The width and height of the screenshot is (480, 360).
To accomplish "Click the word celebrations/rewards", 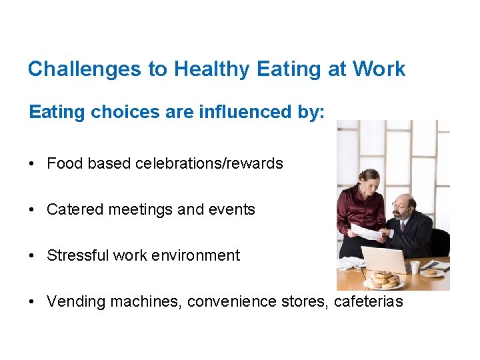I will tap(209, 163).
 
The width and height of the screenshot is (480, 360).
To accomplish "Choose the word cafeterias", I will tap(368, 301).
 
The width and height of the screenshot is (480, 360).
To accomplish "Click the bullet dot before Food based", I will tap(33, 164).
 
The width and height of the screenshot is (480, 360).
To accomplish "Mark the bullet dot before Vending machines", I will tap(33, 302).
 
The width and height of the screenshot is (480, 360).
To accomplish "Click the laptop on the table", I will tap(383, 259).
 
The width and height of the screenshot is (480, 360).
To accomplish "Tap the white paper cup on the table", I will tap(415, 267).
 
